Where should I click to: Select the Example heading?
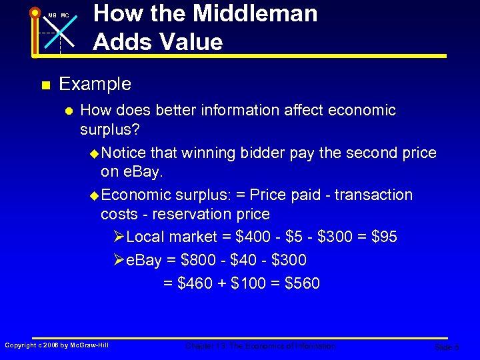click(95, 84)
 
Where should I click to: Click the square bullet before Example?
click(45, 85)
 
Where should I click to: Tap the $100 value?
click(247, 283)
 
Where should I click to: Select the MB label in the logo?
click(51, 15)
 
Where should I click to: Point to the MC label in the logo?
click(65, 15)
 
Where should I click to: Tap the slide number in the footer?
click(446, 347)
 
